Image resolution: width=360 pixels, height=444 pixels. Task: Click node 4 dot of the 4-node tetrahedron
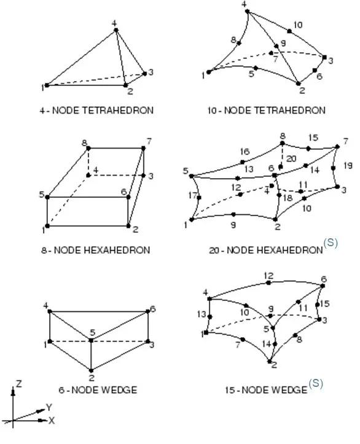pyautogui.click(x=115, y=29)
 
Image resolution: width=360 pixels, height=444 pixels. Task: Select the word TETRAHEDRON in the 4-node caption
pyautogui.click(x=117, y=110)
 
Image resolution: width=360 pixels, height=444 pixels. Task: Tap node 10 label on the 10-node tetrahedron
pyautogui.click(x=298, y=25)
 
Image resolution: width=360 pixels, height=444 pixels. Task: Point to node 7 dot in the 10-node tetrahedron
pyautogui.click(x=271, y=53)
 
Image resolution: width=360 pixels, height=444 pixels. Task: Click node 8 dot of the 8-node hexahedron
pyautogui.click(x=88, y=148)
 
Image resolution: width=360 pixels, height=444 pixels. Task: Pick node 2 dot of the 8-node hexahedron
pyautogui.click(x=128, y=225)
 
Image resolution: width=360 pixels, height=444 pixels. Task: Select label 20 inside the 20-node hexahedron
pyautogui.click(x=291, y=158)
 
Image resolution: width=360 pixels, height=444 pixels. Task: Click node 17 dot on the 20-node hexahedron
pyautogui.click(x=199, y=198)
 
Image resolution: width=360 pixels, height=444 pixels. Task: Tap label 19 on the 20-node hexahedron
pyautogui.click(x=348, y=165)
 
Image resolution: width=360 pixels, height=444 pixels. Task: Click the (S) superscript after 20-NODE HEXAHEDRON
pyautogui.click(x=331, y=243)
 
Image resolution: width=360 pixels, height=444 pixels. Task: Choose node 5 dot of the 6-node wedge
pyautogui.click(x=91, y=340)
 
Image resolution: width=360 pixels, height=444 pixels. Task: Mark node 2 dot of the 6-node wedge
pyautogui.click(x=91, y=370)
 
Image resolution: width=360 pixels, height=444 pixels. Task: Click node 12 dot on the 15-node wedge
pyautogui.click(x=268, y=282)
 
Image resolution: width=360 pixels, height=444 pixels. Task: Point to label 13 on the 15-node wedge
pyautogui.click(x=202, y=314)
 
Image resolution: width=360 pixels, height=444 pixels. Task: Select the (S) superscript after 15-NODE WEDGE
pyautogui.click(x=316, y=383)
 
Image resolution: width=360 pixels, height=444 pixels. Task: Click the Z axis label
pyautogui.click(x=19, y=384)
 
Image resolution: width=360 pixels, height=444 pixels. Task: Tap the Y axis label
pyautogui.click(x=49, y=408)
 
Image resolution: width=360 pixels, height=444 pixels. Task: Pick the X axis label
pyautogui.click(x=51, y=421)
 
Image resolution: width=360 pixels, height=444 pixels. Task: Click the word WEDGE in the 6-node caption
pyautogui.click(x=119, y=390)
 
